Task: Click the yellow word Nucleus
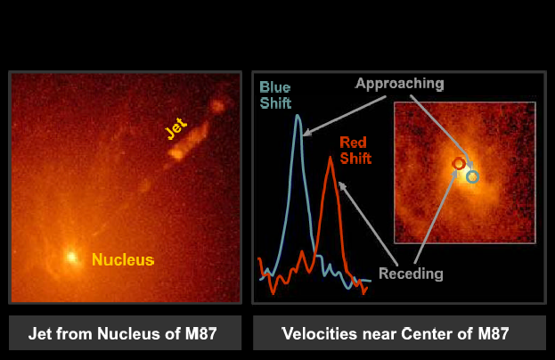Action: [123, 260]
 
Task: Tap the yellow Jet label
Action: [175, 129]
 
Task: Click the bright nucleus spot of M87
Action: [72, 257]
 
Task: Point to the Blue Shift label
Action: [275, 95]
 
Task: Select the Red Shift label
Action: [355, 151]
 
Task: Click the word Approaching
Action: [400, 84]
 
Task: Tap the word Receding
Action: [411, 274]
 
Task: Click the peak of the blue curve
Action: [298, 116]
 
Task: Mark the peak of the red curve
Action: [331, 158]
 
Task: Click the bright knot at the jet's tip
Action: [217, 105]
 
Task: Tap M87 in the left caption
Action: [200, 333]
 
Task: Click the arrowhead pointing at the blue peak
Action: [306, 133]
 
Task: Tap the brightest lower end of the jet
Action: [175, 154]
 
